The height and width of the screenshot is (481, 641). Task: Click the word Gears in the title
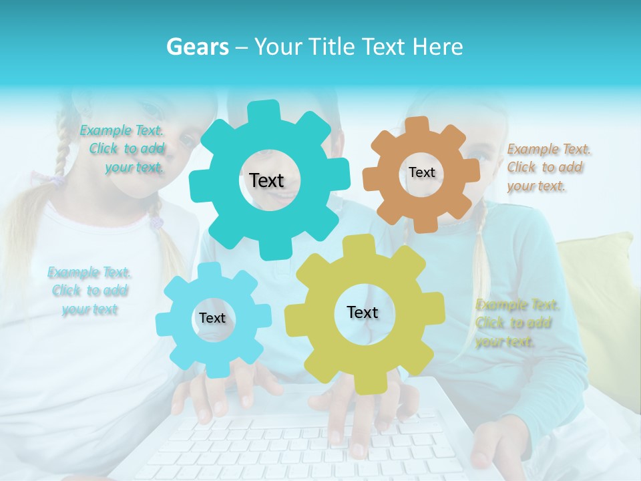click(197, 47)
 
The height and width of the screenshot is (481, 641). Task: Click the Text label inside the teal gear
click(266, 180)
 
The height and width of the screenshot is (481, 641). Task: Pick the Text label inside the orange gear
click(421, 172)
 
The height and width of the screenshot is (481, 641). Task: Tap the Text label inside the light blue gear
click(212, 318)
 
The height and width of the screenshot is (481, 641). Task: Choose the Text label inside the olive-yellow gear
click(363, 312)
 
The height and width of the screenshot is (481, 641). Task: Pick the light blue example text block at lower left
click(89, 291)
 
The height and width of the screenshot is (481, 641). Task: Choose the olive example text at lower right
click(515, 323)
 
